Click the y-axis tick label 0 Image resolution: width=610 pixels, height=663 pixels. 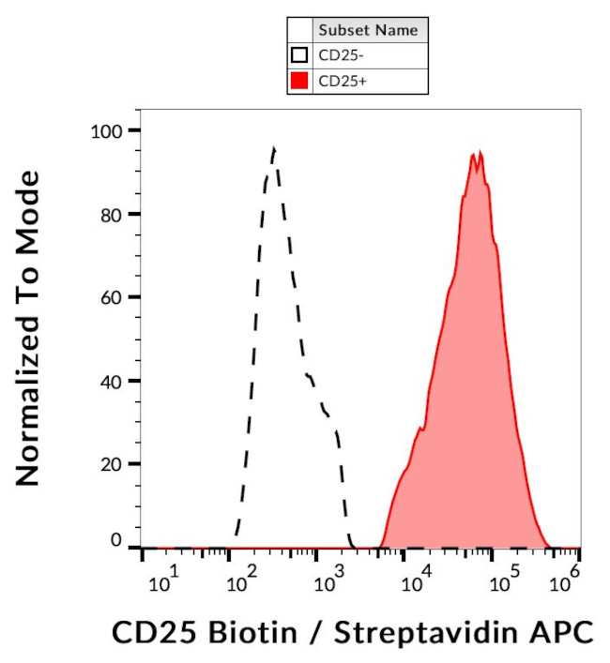pos(118,540)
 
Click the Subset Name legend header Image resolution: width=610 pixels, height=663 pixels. pos(368,30)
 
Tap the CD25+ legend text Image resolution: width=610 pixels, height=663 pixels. pos(340,82)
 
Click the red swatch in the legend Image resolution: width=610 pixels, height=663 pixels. pos(299,82)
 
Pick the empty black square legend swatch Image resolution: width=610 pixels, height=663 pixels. pos(299,55)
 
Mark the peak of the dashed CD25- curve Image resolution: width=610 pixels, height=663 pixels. pos(273,147)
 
